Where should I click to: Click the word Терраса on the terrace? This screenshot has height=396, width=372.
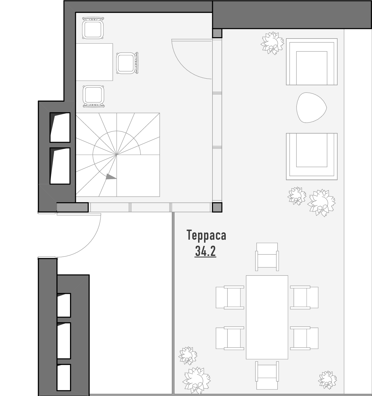coord(206,235)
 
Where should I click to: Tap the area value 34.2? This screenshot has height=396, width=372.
coord(205,251)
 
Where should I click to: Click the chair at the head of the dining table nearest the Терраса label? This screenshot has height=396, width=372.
coord(267,257)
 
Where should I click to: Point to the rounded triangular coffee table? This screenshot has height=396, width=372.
coord(311,107)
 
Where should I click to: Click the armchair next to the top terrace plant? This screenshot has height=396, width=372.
coord(312,62)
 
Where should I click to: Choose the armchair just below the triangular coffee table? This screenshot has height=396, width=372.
coord(312,157)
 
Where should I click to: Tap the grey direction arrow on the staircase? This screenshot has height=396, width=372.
coord(111,177)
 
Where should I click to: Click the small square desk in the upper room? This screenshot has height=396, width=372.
coord(94,62)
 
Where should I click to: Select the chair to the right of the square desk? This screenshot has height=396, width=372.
coord(127,63)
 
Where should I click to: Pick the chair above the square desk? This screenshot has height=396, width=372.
coord(93,28)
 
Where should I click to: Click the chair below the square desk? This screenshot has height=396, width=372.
coord(94,97)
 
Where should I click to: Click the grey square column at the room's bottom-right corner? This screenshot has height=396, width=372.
coord(217,207)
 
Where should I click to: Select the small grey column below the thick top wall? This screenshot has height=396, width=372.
coord(217,33)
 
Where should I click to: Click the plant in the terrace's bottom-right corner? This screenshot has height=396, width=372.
coord(328,380)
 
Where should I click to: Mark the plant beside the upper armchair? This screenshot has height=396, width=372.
coord(272,43)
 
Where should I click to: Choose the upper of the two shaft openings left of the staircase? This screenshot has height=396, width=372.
coord(60,127)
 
